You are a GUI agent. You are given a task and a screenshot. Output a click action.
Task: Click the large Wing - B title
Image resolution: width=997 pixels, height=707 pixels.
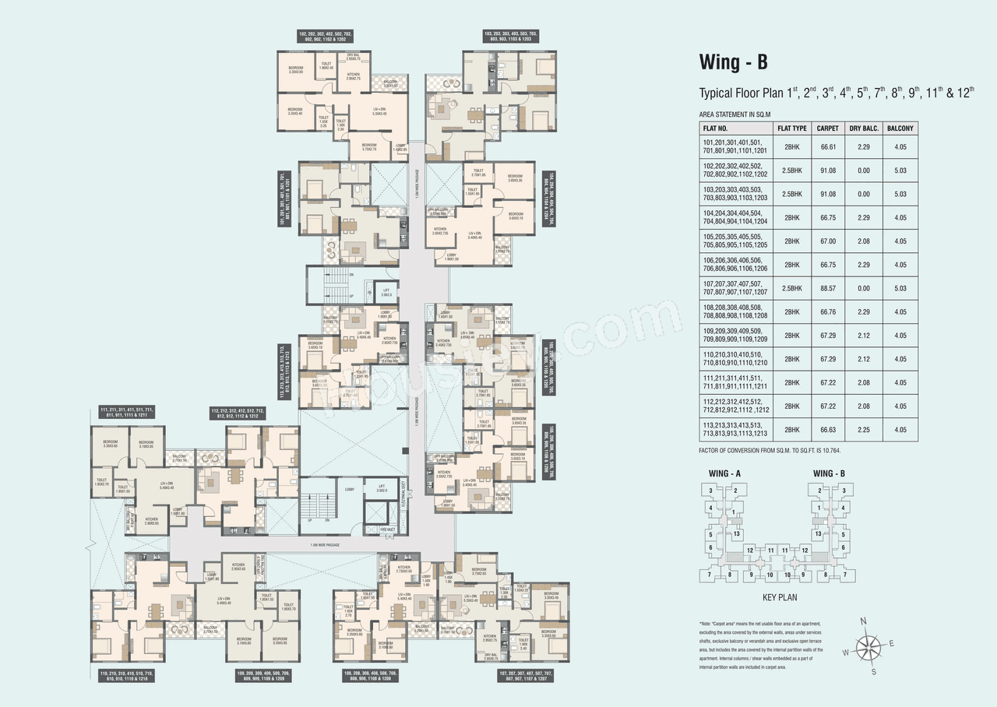pos(738,62)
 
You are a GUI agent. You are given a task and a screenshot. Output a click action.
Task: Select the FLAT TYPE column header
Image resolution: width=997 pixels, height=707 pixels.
pos(791,128)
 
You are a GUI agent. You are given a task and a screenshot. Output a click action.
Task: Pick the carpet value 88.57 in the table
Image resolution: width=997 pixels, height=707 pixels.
pos(827,288)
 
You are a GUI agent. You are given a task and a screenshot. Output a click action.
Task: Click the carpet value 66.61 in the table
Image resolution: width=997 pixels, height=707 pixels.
pos(827,146)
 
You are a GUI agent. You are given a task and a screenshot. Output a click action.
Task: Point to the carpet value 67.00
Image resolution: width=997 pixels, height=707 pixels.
pos(827,241)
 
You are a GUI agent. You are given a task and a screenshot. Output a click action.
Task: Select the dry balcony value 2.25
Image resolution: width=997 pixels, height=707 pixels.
pos(862,430)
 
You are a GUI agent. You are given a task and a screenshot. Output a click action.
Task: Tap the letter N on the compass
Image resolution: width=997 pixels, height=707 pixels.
pos(863,621)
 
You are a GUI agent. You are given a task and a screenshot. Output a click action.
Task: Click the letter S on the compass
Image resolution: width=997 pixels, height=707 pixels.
pos(874,671)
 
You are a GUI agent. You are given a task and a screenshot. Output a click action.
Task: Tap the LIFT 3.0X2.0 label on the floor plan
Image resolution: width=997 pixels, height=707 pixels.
pos(381,490)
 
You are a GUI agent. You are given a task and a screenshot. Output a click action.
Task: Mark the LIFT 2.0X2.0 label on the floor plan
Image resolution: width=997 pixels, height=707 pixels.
pos(386,294)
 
